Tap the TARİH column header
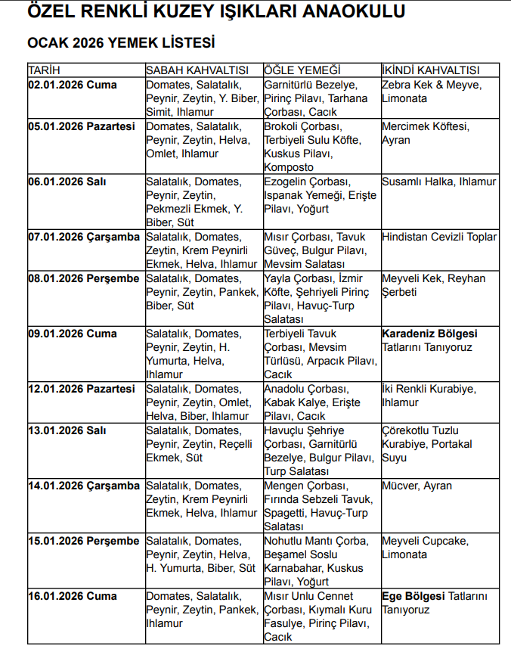coord(44,70)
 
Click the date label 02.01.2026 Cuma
coord(73,85)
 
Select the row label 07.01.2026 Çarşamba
coord(84,237)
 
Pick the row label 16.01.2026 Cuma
coord(73,596)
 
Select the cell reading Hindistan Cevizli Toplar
coord(439,237)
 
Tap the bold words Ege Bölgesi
coord(413,596)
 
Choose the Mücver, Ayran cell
coord(417,486)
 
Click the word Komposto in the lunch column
coord(289,167)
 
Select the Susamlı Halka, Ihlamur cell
coord(439,182)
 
